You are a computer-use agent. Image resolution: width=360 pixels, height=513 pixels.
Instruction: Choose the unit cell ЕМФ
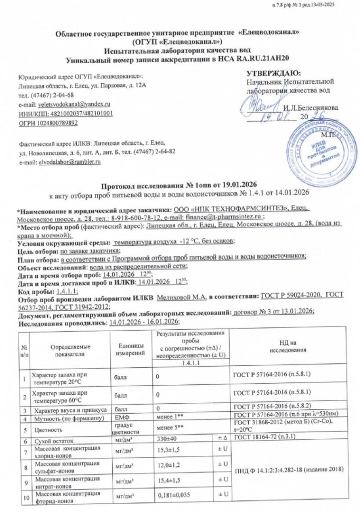123,417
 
